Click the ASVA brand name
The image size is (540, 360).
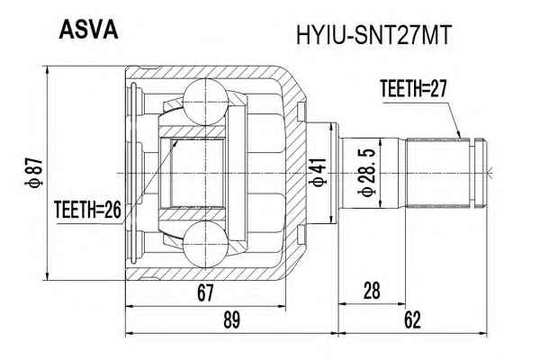tap(88, 30)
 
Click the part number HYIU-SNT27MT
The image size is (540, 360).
tap(373, 35)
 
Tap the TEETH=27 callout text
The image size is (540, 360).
tap(413, 88)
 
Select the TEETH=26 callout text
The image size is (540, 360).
tap(88, 210)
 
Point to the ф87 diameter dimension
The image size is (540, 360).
tap(34, 173)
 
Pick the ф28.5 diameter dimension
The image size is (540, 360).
tap(367, 173)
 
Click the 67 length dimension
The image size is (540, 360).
tap(205, 292)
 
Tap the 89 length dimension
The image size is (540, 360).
tap(231, 320)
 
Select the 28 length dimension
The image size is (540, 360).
tap(372, 291)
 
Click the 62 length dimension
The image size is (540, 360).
tap(412, 320)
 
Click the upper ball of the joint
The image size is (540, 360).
tap(205, 102)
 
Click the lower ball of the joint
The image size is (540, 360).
tap(205, 244)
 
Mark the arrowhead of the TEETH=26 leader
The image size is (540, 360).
tap(176, 142)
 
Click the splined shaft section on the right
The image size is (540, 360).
tap(437, 173)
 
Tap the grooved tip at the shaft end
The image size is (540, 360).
tap(481, 173)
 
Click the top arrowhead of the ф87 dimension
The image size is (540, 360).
tap(48, 70)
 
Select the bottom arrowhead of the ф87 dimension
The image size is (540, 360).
tap(48, 275)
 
